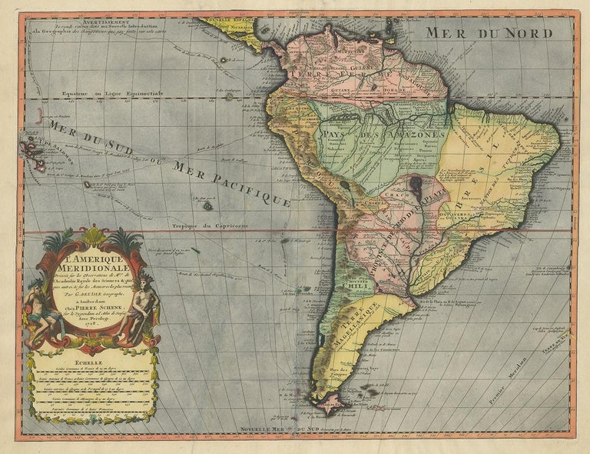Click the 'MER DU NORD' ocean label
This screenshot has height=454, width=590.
point(489,33)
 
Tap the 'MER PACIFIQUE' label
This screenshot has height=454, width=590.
point(231,184)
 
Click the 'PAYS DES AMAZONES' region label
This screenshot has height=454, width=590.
point(376,135)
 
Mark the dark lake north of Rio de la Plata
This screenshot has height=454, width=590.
point(416,185)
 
